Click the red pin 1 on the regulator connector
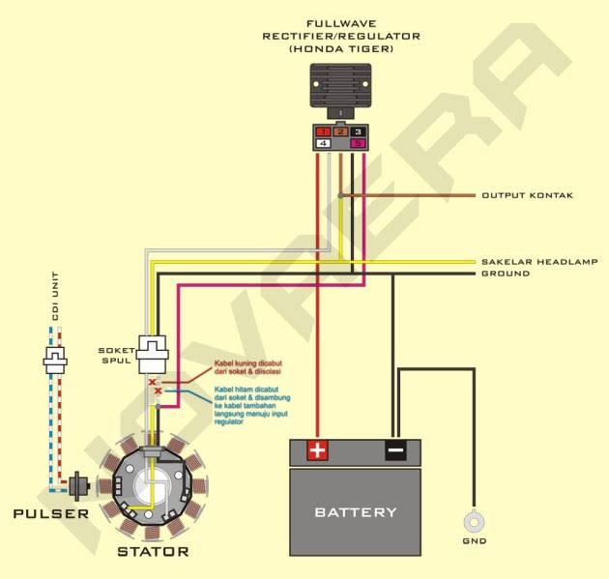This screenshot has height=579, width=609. (323, 131)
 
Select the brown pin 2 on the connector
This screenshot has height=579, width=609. (340, 131)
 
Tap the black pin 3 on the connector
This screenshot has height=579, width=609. (358, 131)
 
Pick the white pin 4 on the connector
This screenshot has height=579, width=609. (323, 143)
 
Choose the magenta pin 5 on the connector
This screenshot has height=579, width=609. (358, 143)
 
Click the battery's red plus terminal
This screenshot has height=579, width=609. (318, 450)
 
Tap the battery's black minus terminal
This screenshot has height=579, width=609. (395, 450)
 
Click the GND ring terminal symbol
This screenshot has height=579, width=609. (474, 522)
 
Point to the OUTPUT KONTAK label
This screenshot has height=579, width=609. (528, 195)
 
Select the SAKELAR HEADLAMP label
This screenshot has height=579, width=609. (539, 262)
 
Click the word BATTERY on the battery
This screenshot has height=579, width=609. (356, 512)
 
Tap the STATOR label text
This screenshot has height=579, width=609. (153, 551)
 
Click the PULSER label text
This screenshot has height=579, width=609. (51, 513)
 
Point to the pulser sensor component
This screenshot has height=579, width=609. (79, 486)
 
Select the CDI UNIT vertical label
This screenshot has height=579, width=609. (55, 296)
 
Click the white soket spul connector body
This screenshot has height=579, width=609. (153, 354)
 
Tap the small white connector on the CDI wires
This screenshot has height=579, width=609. (55, 361)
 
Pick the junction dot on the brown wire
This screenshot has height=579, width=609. (340, 195)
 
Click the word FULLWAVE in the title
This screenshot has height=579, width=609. (341, 24)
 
